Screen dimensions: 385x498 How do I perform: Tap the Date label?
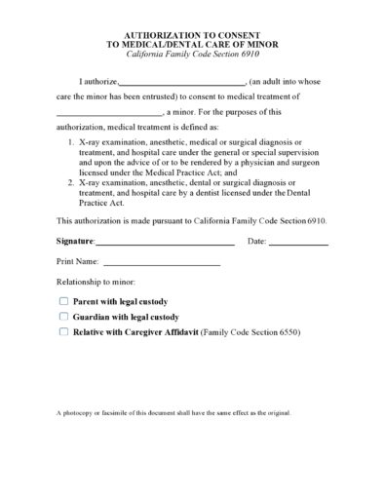(257, 240)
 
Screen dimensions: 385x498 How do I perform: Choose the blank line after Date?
(298, 243)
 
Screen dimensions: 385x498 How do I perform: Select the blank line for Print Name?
(162, 265)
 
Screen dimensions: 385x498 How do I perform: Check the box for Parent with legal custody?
(63, 302)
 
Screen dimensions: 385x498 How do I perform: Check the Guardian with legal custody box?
(63, 317)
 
